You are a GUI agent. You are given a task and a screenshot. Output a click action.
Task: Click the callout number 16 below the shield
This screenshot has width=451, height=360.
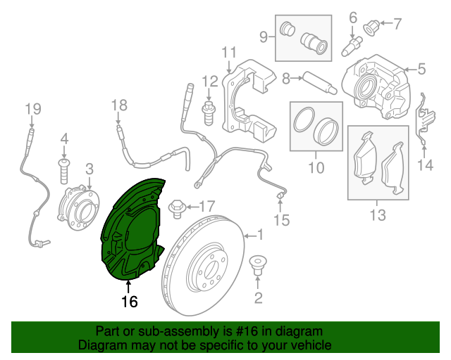(129, 302)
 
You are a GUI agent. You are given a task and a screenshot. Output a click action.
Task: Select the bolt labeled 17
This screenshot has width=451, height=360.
(178, 207)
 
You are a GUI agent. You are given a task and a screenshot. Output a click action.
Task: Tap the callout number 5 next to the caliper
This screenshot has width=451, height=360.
(421, 69)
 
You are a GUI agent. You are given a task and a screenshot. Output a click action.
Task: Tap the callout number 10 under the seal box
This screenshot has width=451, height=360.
(316, 168)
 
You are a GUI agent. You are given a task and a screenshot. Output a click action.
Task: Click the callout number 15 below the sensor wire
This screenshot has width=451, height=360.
(281, 221)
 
